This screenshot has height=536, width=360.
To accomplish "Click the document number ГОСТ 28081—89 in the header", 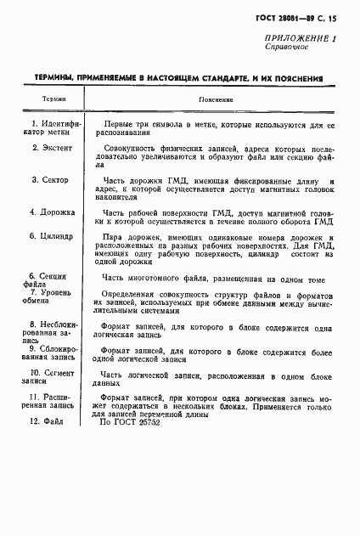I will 291,18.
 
